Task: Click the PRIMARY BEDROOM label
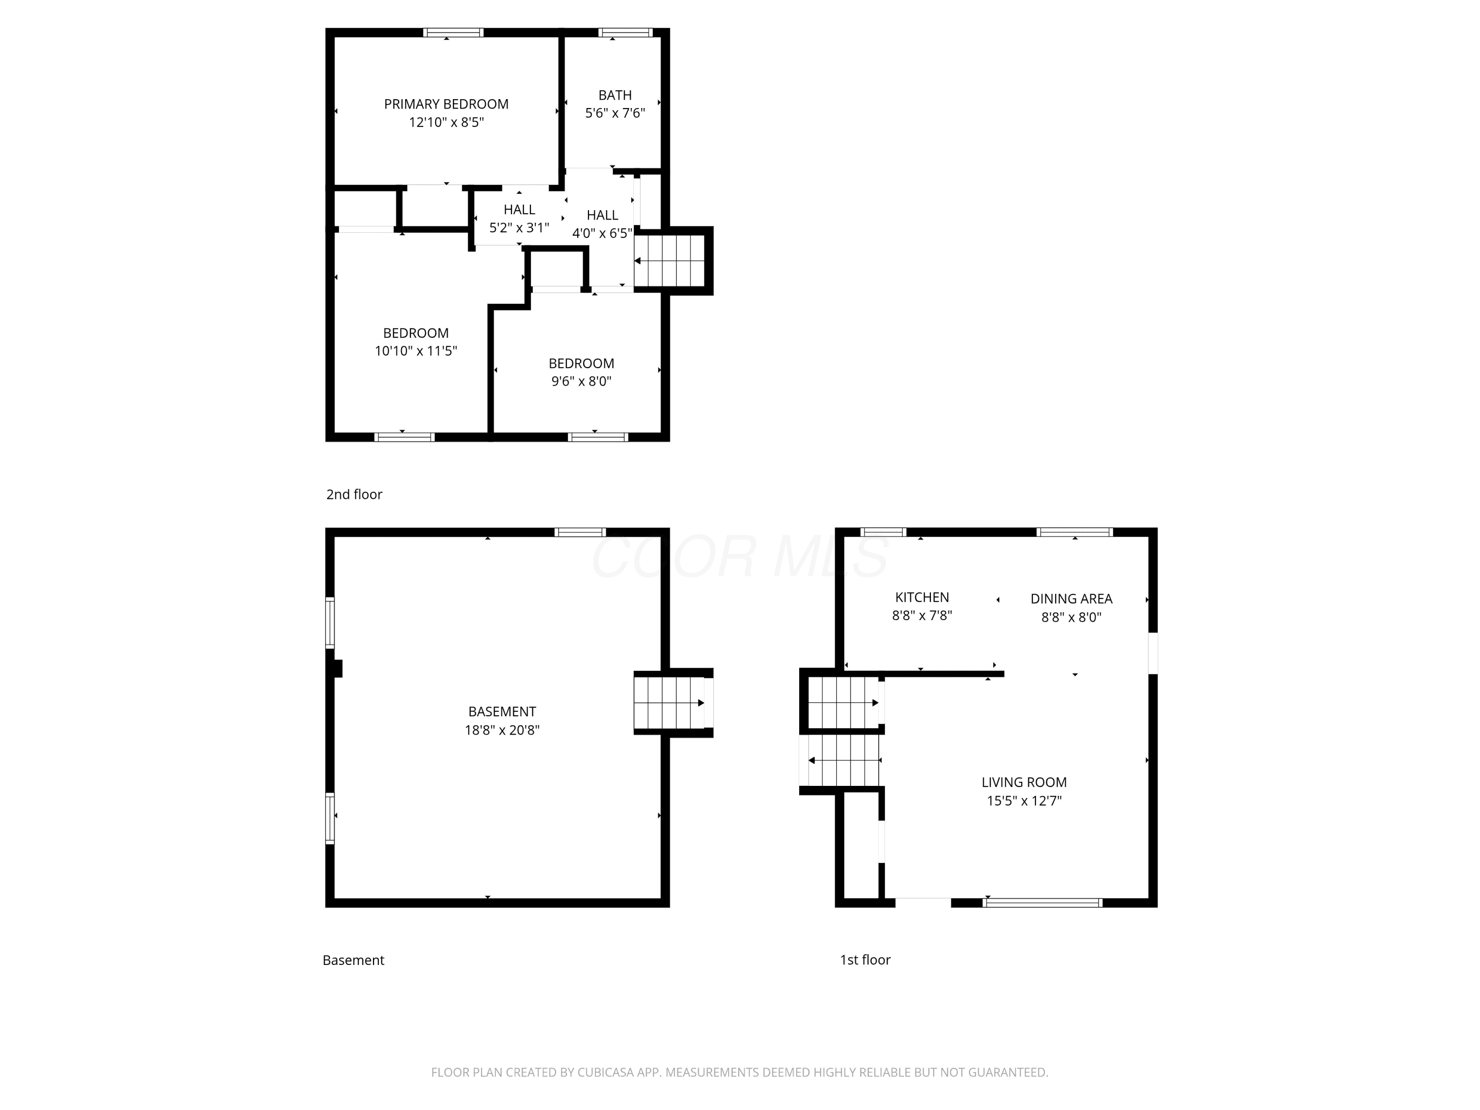(446, 105)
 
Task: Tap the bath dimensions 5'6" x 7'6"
(615, 113)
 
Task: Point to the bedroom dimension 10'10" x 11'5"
(415, 351)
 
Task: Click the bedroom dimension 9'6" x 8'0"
(582, 381)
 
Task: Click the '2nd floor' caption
(354, 494)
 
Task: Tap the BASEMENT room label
(502, 712)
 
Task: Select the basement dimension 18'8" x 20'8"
(502, 730)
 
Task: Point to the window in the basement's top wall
(580, 533)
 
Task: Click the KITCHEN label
(922, 597)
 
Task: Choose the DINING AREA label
(1071, 599)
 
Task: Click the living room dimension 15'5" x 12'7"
(1024, 801)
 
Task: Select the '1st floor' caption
(865, 960)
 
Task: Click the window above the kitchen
(883, 533)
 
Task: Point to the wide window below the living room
(1042, 903)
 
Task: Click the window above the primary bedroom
(453, 32)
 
